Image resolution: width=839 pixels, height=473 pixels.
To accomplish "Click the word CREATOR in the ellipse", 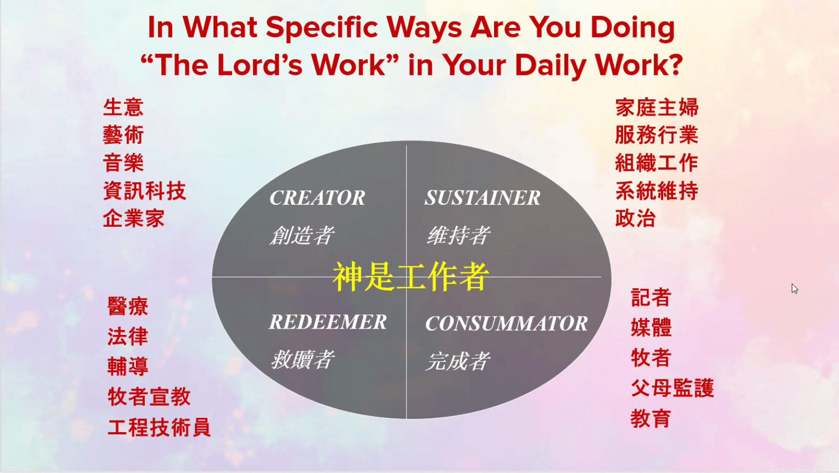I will tap(317, 198).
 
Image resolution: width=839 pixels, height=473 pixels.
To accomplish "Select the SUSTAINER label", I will tap(482, 198).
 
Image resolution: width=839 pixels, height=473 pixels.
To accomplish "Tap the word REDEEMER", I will tap(328, 322).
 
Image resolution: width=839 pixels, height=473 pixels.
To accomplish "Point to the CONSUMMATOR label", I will tap(506, 323).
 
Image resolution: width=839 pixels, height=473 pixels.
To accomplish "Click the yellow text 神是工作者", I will tap(411, 277).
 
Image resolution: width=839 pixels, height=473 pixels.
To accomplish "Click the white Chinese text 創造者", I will tap(302, 235).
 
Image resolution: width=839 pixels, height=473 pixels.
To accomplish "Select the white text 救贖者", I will tap(302, 360).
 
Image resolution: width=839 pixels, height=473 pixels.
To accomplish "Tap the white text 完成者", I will tap(457, 361).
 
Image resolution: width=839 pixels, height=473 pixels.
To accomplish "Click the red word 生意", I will tap(123, 108).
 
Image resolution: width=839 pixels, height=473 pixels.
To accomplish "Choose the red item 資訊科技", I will tap(144, 191).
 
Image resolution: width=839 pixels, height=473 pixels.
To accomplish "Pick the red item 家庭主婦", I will tap(656, 108).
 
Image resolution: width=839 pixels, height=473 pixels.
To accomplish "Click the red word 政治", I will tap(635, 218).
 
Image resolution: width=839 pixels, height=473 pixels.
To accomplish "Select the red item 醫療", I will tap(128, 306).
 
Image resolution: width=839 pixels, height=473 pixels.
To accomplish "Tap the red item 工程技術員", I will tap(159, 427).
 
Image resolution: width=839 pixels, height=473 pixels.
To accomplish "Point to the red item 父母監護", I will tap(672, 388).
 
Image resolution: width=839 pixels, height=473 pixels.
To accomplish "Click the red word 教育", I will tap(651, 418).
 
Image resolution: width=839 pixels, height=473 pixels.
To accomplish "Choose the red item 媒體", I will tap(651, 328).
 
